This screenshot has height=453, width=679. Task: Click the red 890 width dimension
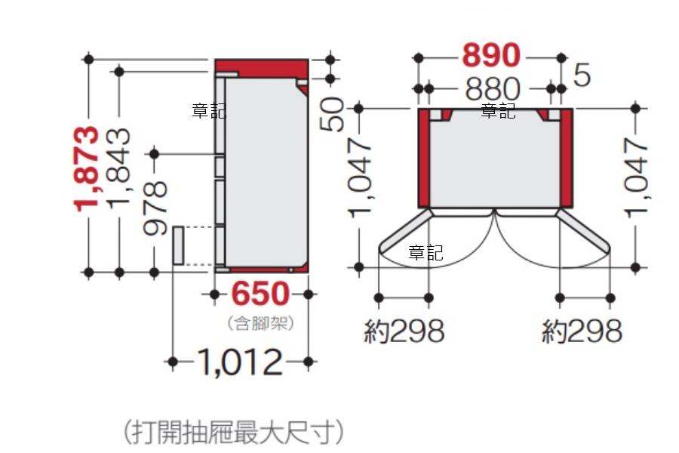(x=491, y=55)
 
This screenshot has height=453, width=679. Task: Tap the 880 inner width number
(x=493, y=89)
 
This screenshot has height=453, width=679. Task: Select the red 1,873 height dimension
(x=86, y=168)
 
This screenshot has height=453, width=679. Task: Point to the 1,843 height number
(x=118, y=168)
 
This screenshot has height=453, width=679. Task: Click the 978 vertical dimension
(x=155, y=208)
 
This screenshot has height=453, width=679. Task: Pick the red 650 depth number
(x=260, y=294)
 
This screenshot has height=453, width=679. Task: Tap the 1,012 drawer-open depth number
(x=241, y=362)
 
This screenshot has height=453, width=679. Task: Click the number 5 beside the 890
(x=582, y=75)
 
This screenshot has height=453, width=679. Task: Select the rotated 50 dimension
(x=332, y=114)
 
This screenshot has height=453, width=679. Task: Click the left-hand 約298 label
(x=404, y=331)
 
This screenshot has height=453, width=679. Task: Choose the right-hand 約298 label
(x=582, y=331)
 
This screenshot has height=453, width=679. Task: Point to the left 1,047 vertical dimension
(x=359, y=177)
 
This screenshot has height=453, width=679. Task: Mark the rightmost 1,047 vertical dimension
(x=637, y=177)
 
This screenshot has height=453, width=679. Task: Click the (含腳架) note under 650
(x=261, y=323)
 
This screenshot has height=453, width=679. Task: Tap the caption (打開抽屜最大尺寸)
(x=234, y=432)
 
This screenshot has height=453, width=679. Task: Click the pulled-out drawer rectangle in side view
(x=178, y=245)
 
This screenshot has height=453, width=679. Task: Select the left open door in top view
(x=406, y=232)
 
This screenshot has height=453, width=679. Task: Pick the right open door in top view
(x=583, y=232)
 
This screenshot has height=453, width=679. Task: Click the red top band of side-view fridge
(x=262, y=68)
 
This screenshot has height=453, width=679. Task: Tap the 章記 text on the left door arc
(x=426, y=252)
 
